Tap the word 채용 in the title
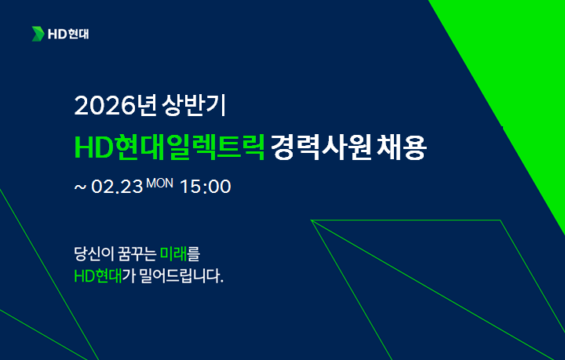[405, 146]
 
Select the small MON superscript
[160, 183]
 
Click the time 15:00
[206, 188]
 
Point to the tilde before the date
[78, 189]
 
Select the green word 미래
[173, 255]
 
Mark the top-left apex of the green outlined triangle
[312, 220]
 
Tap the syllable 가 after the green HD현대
[128, 278]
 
